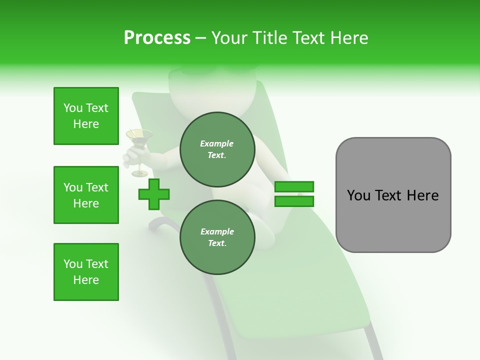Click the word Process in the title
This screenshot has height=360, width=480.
(157, 38)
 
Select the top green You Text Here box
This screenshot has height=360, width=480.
(86, 116)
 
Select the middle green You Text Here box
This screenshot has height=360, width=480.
(86, 195)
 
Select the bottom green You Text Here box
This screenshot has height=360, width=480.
(86, 272)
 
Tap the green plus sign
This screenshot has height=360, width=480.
(154, 194)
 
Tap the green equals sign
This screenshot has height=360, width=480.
(294, 194)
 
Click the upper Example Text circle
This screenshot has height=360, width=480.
(217, 149)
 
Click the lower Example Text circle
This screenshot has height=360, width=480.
(217, 237)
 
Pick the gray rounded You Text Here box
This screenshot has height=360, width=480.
(393, 195)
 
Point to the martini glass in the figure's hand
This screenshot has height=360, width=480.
(139, 136)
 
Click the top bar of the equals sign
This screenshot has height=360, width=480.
(294, 187)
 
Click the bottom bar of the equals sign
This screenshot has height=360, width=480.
(294, 201)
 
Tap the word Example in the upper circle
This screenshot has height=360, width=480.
(216, 143)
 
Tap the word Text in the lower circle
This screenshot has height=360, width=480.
(216, 243)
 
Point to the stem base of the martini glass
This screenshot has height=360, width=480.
(139, 173)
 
